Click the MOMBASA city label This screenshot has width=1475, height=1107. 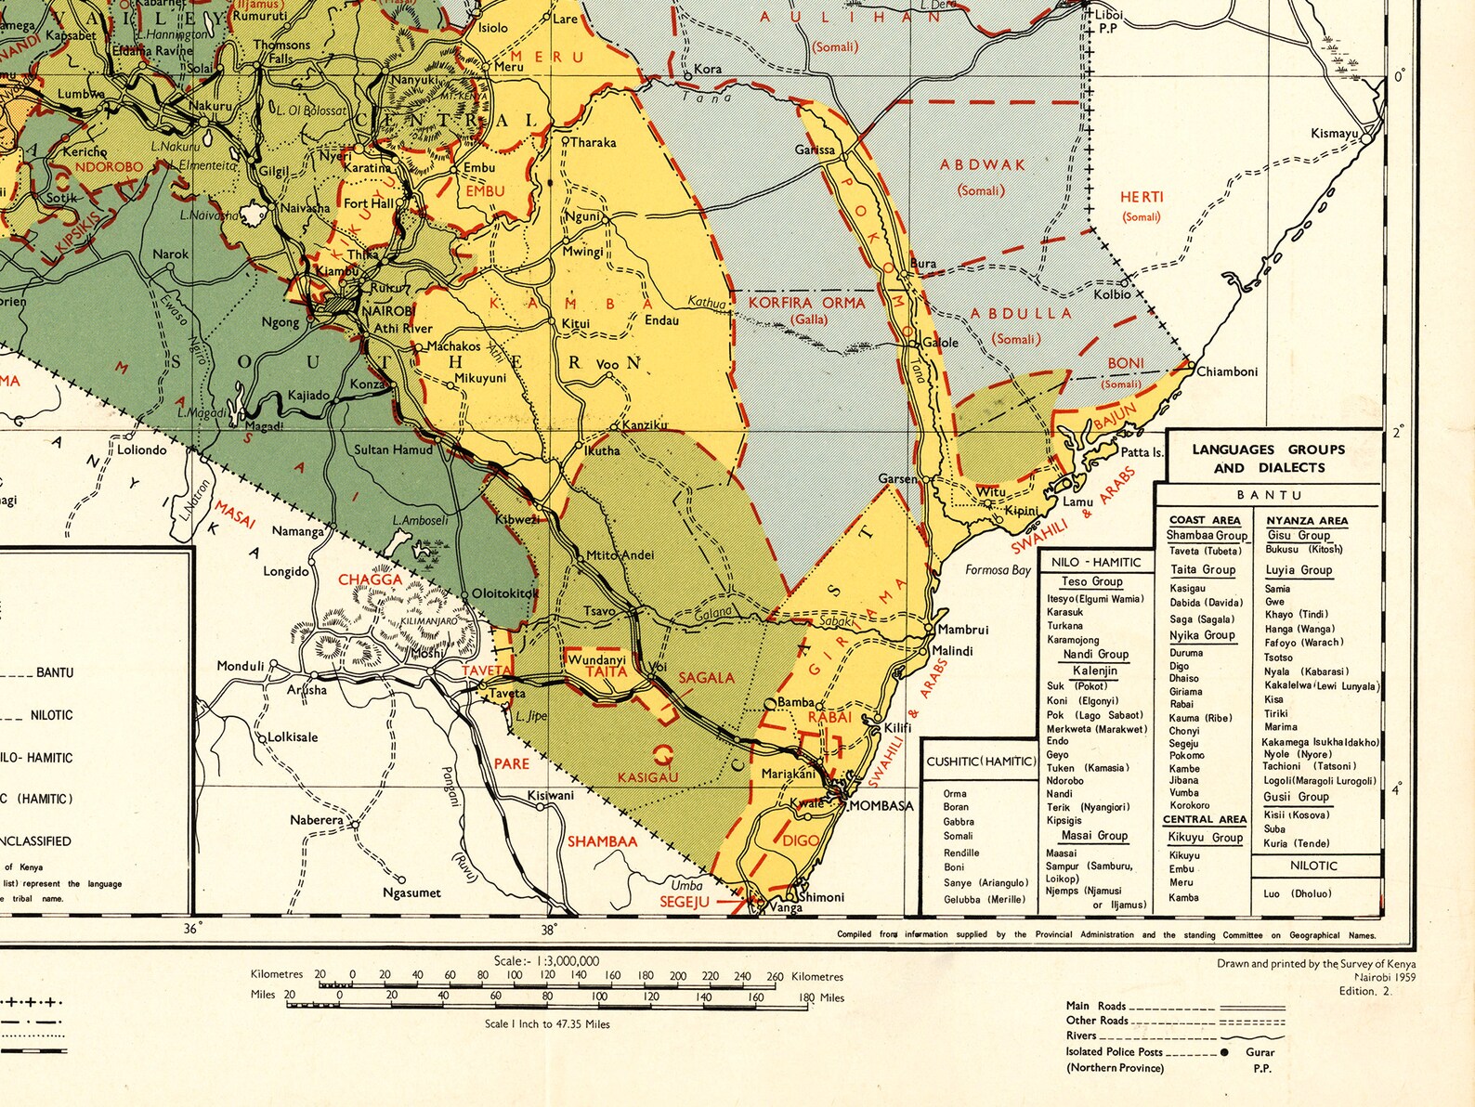tap(881, 805)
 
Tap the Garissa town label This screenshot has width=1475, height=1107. tap(815, 150)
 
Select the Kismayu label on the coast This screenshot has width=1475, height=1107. tap(1334, 134)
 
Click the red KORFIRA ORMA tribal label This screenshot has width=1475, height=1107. tap(806, 303)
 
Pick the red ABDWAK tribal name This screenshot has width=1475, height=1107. tap(982, 164)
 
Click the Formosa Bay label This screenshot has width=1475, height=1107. tap(998, 569)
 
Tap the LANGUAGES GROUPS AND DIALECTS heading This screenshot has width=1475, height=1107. tap(1268, 458)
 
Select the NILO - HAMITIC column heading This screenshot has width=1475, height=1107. tap(1096, 562)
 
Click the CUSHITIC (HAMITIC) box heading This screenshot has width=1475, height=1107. tap(981, 762)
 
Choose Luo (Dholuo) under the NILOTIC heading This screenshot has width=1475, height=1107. tap(1297, 893)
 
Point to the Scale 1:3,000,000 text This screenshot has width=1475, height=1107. tap(546, 961)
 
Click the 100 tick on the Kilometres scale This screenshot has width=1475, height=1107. tap(514, 976)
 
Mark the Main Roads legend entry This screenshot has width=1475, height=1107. tap(1096, 1006)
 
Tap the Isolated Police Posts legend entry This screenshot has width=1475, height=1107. tap(1114, 1051)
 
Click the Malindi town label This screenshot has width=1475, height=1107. tap(952, 651)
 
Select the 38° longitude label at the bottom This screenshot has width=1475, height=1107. tap(549, 929)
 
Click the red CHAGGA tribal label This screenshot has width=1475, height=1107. tap(370, 580)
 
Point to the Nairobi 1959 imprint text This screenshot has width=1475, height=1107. tap(1384, 978)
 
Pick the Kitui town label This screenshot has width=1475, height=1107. tap(575, 324)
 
